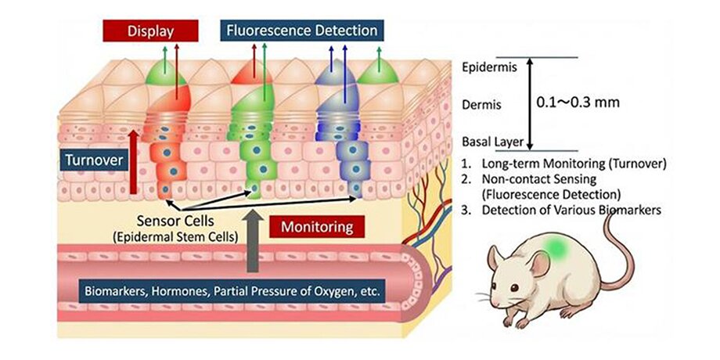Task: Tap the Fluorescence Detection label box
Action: (302, 31)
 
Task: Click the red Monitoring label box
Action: (319, 227)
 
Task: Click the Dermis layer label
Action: (480, 103)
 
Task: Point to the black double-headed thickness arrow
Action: (529, 103)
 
